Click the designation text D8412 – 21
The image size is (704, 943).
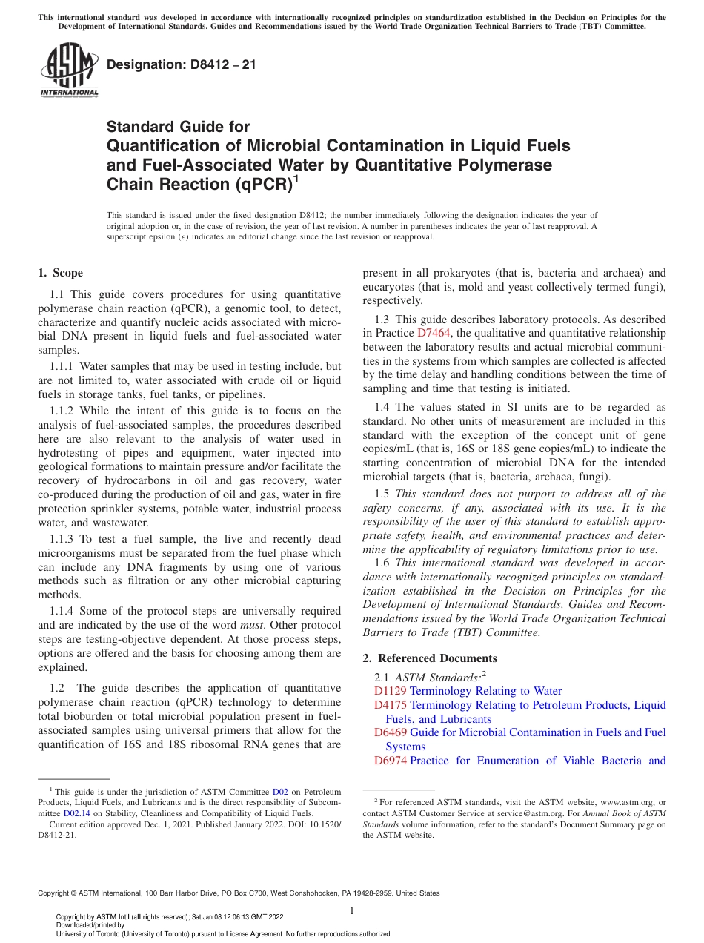pyautogui.click(x=182, y=64)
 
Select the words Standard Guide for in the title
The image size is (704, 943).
pyautogui.click(x=178, y=128)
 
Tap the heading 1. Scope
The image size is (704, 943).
pyautogui.click(x=61, y=273)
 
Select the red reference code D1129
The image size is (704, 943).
pyautogui.click(x=390, y=691)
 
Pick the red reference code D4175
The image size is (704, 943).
pyautogui.click(x=390, y=705)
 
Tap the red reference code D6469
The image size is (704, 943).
pyautogui.click(x=390, y=732)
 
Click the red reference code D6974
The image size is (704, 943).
pyautogui.click(x=390, y=761)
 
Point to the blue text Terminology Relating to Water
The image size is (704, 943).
pyautogui.click(x=485, y=691)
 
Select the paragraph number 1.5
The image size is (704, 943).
pyautogui.click(x=382, y=494)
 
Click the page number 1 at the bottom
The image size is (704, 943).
pyautogui.click(x=352, y=911)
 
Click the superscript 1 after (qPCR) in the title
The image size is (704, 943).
pyautogui.click(x=296, y=178)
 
